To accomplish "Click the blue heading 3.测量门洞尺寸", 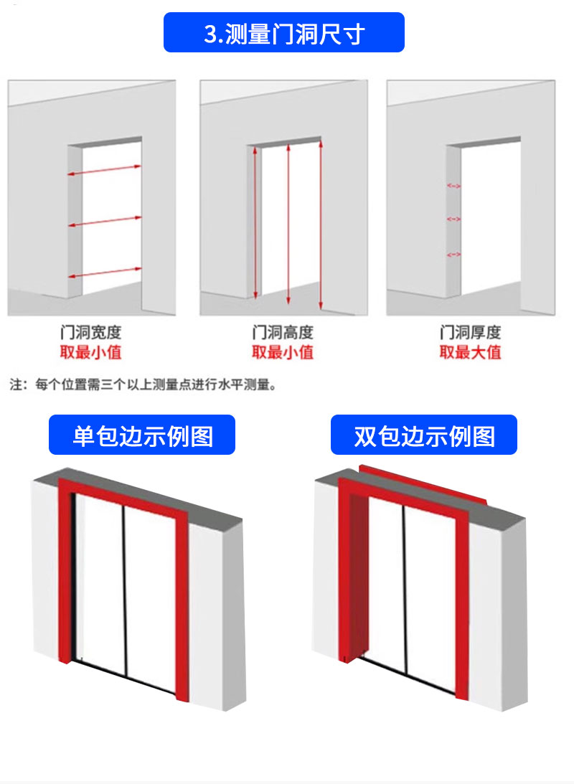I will (x=284, y=33).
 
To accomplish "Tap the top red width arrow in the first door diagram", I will (x=105, y=170).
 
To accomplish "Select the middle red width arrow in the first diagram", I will (x=105, y=222).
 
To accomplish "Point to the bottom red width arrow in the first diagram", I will (x=105, y=273).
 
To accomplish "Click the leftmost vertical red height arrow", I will (x=255, y=222).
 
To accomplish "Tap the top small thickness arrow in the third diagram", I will (x=453, y=186).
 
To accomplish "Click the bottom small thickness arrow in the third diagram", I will (x=453, y=255).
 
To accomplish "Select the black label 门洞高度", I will (x=283, y=333).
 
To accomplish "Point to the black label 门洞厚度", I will (x=470, y=333).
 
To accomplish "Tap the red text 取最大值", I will (x=470, y=352).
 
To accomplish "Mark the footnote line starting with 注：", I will (x=143, y=385).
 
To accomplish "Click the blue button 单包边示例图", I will (x=142, y=435).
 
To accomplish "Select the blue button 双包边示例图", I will (x=423, y=435).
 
